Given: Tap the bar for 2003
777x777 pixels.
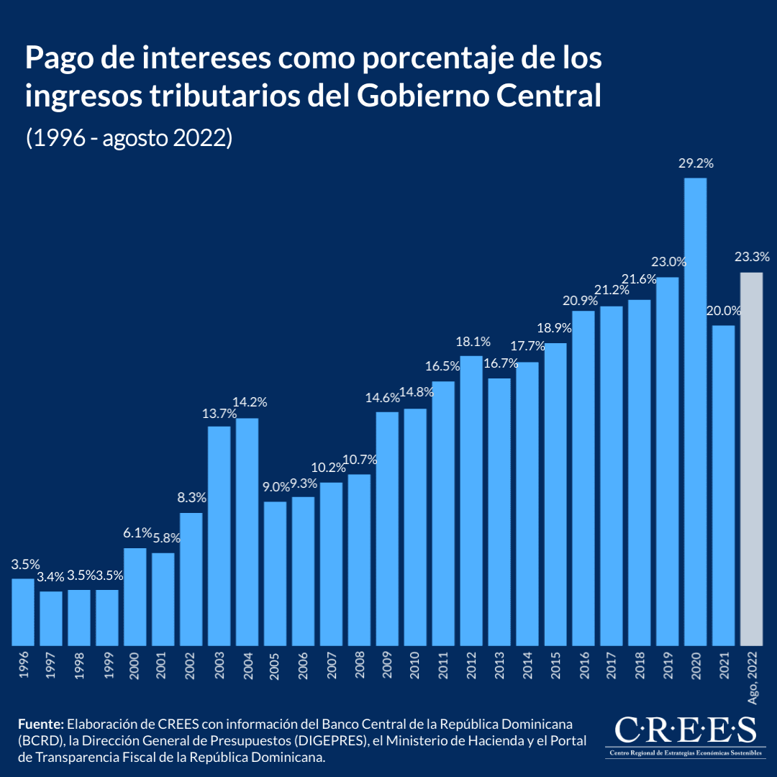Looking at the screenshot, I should click(x=219, y=536).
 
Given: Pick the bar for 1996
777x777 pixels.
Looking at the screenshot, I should click(x=23, y=612).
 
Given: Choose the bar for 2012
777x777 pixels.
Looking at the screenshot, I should click(x=471, y=501).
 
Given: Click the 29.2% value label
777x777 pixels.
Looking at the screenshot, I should click(x=696, y=163).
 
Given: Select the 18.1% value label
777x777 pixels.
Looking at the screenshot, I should click(x=473, y=342).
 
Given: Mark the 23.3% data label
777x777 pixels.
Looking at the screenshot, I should click(x=752, y=257).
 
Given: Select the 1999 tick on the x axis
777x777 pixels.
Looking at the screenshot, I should click(x=108, y=666).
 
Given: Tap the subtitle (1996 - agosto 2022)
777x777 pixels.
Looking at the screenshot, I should click(x=129, y=137).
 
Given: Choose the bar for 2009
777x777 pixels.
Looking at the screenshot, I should click(x=387, y=529).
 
